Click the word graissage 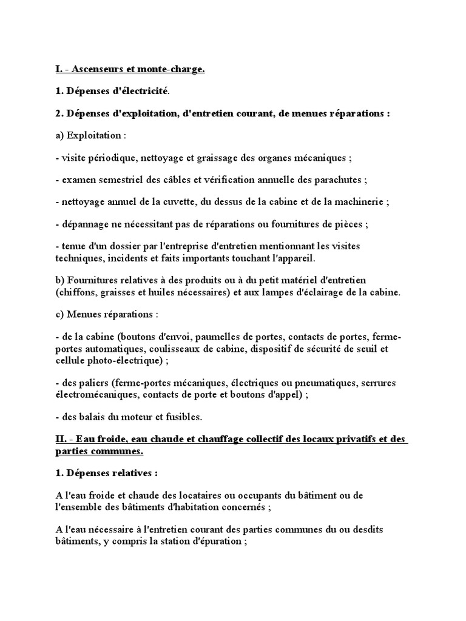tap(221, 158)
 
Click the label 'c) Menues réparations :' tap(106, 315)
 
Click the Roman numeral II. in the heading tap(62, 440)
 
